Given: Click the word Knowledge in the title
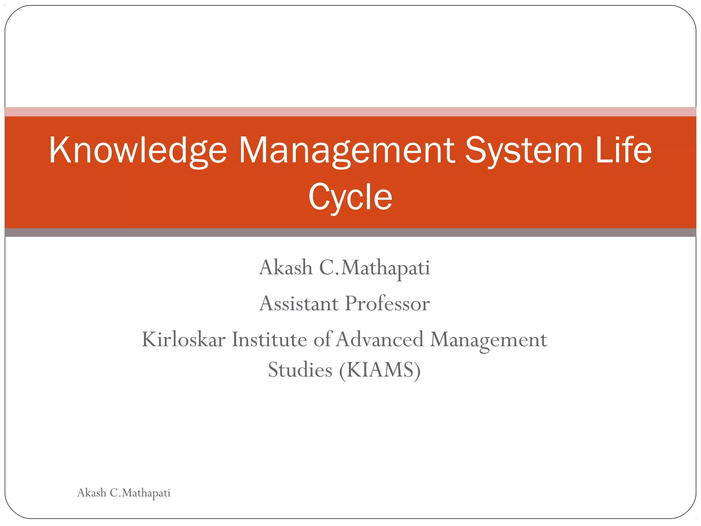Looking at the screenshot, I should pyautogui.click(x=138, y=151).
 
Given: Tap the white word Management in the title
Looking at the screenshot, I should pyautogui.click(x=346, y=151).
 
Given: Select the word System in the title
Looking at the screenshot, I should pyautogui.click(x=523, y=151).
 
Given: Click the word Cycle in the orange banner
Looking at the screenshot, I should pyautogui.click(x=350, y=197).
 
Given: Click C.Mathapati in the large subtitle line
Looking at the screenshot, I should pyautogui.click(x=374, y=268).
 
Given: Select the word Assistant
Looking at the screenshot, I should pyautogui.click(x=299, y=304).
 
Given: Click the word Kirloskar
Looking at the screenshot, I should pyautogui.click(x=184, y=340).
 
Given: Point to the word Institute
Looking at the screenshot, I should pyautogui.click(x=269, y=340).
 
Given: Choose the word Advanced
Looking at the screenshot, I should pyautogui.click(x=380, y=340).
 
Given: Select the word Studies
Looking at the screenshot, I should pyautogui.click(x=300, y=370).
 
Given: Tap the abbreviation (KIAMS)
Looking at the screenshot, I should pyautogui.click(x=380, y=371).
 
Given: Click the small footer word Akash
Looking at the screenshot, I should pyautogui.click(x=92, y=493).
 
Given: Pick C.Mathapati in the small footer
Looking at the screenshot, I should pyautogui.click(x=140, y=493).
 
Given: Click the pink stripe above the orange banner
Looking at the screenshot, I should pyautogui.click(x=350, y=112).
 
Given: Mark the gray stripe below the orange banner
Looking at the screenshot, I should pyautogui.click(x=350, y=233).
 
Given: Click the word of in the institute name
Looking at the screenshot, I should pyautogui.click(x=322, y=340).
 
